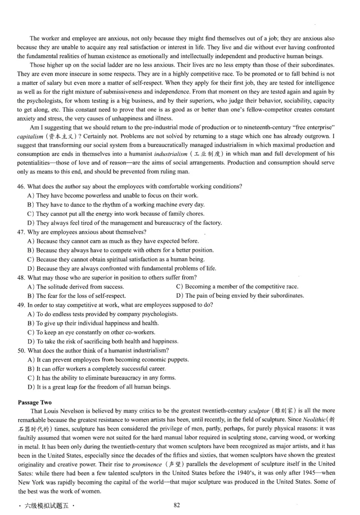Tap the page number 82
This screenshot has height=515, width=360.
click(x=177, y=505)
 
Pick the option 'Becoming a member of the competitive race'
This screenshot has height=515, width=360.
click(x=237, y=287)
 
